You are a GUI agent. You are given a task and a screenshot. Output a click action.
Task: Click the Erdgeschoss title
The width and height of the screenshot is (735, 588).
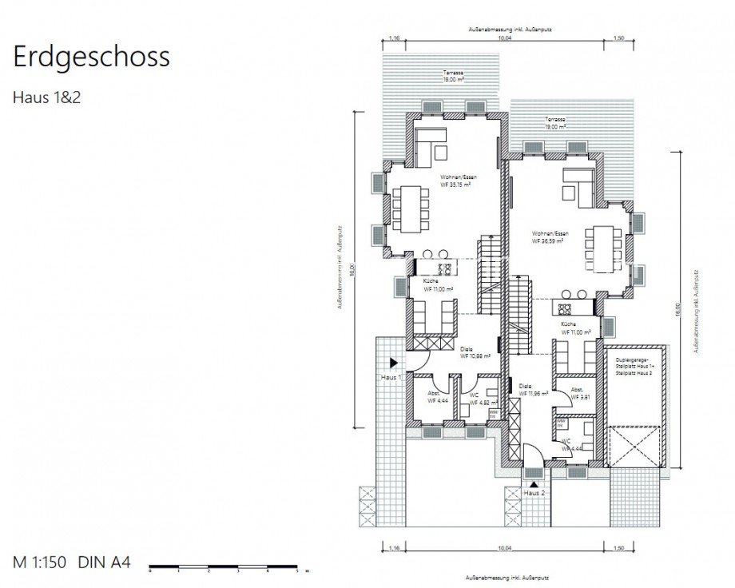pyautogui.click(x=91, y=58)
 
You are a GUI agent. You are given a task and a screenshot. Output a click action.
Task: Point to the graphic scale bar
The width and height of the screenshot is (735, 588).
pyautogui.click(x=223, y=566)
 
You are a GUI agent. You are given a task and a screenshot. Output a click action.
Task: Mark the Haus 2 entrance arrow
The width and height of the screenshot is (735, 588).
pyautogui.click(x=534, y=483)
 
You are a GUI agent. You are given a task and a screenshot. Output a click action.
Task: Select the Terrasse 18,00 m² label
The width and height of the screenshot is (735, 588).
pyautogui.click(x=454, y=77)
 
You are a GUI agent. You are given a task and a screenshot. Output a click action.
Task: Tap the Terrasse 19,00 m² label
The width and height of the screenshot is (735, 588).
pyautogui.click(x=556, y=123)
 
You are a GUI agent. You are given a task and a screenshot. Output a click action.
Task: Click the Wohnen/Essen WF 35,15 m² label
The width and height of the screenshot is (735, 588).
pyautogui.click(x=455, y=181)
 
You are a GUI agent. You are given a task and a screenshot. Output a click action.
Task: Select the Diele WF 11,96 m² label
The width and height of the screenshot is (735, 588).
pyautogui.click(x=532, y=389)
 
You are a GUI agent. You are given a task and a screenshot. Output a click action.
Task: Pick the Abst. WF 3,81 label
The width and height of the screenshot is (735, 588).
pyautogui.click(x=578, y=393)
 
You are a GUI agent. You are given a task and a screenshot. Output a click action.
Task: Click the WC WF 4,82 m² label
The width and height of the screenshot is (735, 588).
pyautogui.click(x=478, y=399)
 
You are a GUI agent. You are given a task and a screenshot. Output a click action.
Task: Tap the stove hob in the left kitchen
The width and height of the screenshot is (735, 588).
pyautogui.click(x=444, y=268)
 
